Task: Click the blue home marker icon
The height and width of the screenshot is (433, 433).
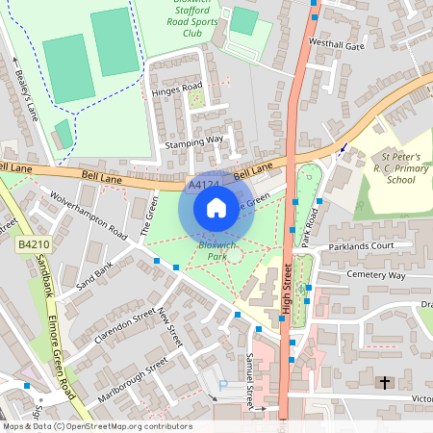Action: tap(216, 207)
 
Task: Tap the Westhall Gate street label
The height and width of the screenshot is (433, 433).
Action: tap(337, 45)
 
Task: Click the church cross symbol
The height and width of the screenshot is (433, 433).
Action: tap(385, 383)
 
